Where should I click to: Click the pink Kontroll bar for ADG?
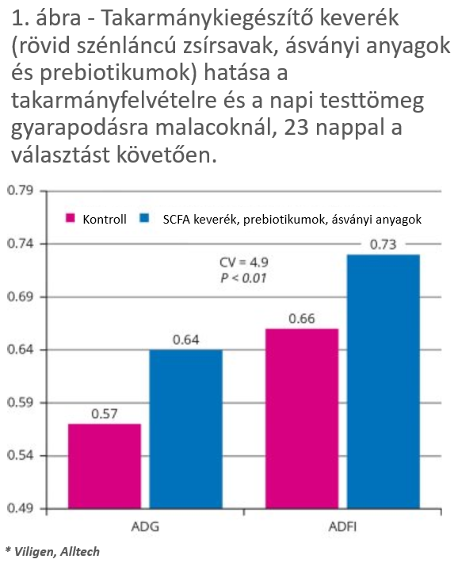[x=105, y=466]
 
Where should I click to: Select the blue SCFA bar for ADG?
[x=186, y=429]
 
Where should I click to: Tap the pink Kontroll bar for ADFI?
[x=302, y=419]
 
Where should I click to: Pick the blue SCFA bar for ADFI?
[x=384, y=381]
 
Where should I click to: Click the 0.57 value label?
[x=105, y=414]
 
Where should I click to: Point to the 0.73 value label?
[x=384, y=244]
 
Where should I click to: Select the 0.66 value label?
[x=302, y=319]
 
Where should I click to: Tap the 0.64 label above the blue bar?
[x=186, y=339]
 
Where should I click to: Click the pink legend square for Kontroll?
[x=71, y=218]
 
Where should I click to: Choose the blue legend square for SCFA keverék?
[x=144, y=218]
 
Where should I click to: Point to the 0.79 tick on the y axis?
[x=20, y=190]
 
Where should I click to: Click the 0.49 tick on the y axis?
[x=20, y=508]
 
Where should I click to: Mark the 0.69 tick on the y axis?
[x=20, y=297]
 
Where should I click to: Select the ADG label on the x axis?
[x=145, y=527]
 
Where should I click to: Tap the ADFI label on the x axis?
[x=343, y=527]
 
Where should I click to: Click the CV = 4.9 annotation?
[x=244, y=262]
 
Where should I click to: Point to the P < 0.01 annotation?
[x=244, y=278]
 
